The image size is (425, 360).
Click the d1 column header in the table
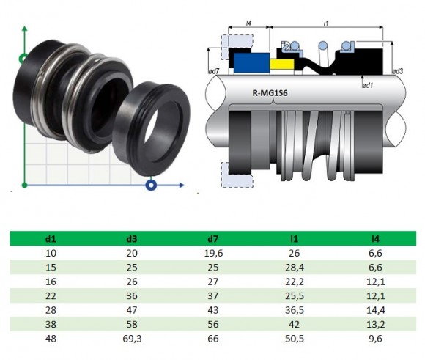point(49,238)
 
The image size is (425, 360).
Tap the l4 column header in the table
point(377,238)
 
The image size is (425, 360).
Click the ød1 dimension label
point(368,86)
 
